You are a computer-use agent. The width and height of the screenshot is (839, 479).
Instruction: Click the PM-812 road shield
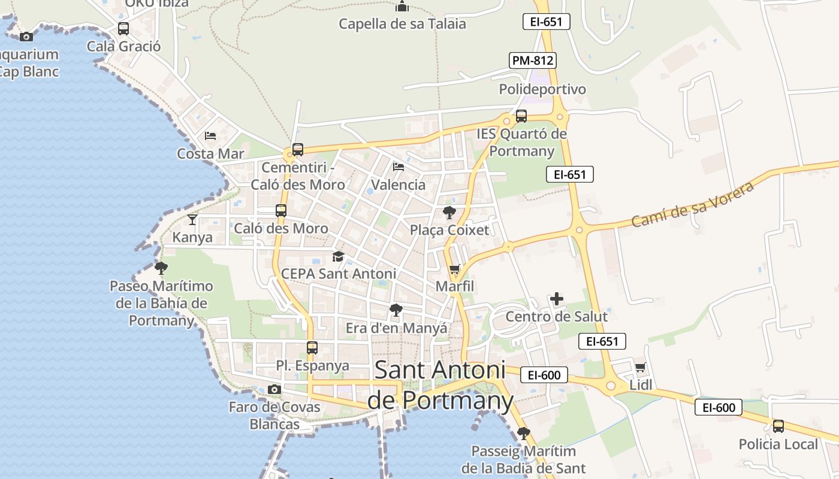pyautogui.click(x=533, y=60)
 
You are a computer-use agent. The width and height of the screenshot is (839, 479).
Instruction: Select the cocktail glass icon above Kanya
pyautogui.click(x=192, y=220)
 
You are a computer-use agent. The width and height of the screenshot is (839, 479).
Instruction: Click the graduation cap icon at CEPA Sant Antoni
pyautogui.click(x=339, y=257)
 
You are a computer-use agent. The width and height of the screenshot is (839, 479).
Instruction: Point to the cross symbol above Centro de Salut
pyautogui.click(x=557, y=299)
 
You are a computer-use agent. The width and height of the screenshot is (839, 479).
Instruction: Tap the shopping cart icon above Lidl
pyautogui.click(x=641, y=367)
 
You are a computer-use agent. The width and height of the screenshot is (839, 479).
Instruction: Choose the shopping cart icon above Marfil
pyautogui.click(x=455, y=269)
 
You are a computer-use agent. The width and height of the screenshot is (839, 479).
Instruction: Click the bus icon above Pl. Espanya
pyautogui.click(x=312, y=348)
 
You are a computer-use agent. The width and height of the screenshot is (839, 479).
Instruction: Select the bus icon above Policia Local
pyautogui.click(x=778, y=426)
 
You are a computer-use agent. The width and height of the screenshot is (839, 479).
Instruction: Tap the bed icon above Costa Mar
pyautogui.click(x=210, y=136)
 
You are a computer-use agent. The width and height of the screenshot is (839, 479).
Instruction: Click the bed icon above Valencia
pyautogui.click(x=399, y=166)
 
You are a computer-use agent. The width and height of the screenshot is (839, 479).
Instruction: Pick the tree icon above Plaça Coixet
pyautogui.click(x=449, y=212)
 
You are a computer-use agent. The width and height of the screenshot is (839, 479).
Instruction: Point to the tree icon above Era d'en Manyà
pyautogui.click(x=396, y=310)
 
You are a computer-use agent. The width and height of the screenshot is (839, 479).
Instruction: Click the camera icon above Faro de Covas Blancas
pyautogui.click(x=274, y=390)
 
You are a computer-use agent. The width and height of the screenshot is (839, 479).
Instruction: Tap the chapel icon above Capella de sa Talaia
pyautogui.click(x=402, y=7)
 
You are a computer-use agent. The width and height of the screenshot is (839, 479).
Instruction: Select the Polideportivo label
pyautogui.click(x=542, y=89)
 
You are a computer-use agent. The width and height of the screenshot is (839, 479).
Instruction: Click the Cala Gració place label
pyautogui.click(x=124, y=46)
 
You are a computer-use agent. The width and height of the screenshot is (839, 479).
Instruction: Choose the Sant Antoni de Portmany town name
pyautogui.click(x=440, y=384)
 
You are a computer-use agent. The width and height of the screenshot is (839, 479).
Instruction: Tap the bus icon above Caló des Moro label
pyautogui.click(x=281, y=211)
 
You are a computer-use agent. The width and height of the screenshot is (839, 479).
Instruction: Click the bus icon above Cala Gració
pyautogui.click(x=123, y=29)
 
